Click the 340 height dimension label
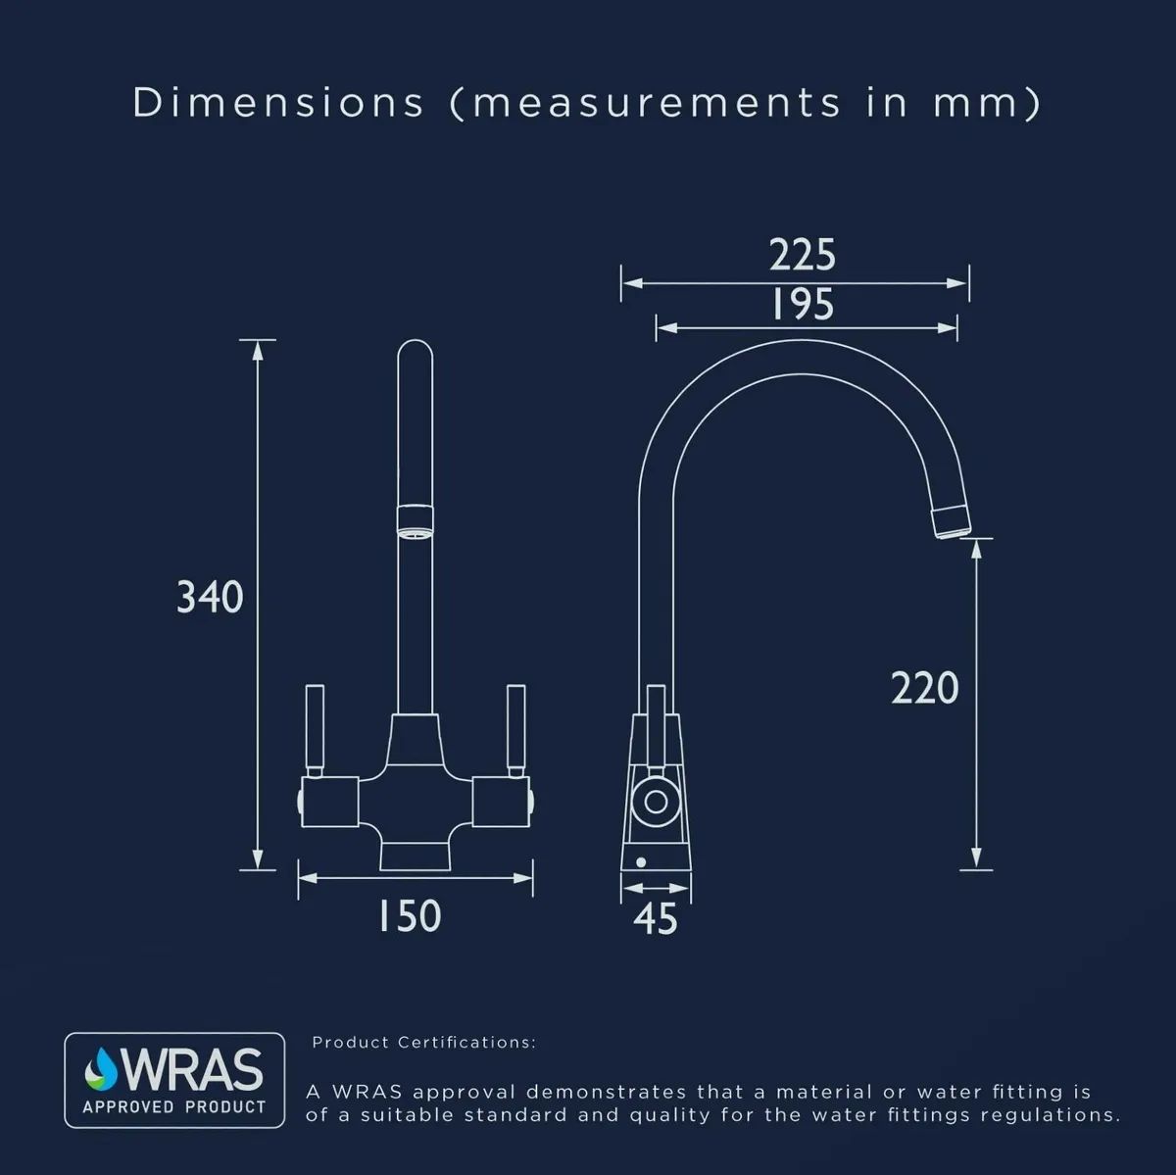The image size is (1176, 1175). pyautogui.click(x=210, y=597)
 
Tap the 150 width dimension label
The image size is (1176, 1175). pyautogui.click(x=410, y=915)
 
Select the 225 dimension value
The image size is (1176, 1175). pyautogui.click(x=802, y=255)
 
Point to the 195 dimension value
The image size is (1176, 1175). pyautogui.click(x=803, y=304)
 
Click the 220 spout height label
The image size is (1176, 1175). pyautogui.click(x=924, y=689)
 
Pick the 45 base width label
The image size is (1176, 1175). pyautogui.click(x=656, y=919)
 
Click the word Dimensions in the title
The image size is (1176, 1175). pyautogui.click(x=277, y=102)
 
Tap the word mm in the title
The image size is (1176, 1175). pyautogui.click(x=975, y=104)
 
